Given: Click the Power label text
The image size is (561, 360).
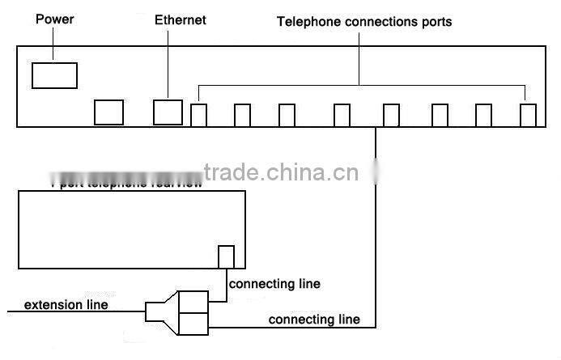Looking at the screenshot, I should (54, 19).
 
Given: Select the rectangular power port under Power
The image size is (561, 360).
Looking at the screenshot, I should (54, 74).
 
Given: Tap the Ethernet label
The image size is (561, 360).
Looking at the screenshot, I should (181, 19).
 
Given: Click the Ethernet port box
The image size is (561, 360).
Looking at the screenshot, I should (168, 112).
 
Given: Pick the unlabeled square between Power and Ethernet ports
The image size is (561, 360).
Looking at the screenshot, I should (108, 112).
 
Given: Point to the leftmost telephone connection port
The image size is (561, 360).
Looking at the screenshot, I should (198, 115).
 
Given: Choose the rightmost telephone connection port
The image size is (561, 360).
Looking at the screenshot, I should (528, 115).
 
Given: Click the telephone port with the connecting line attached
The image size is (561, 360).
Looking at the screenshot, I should (391, 115).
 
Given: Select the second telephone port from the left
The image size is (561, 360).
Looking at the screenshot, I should (242, 115).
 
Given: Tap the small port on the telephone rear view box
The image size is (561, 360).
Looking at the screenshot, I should (227, 256).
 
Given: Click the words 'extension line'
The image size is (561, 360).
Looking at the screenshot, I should (66, 305).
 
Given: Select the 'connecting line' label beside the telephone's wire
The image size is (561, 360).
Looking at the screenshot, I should (274, 284).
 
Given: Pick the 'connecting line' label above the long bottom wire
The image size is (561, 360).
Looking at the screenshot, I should (314, 320).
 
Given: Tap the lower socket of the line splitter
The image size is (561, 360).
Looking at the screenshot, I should (192, 324).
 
